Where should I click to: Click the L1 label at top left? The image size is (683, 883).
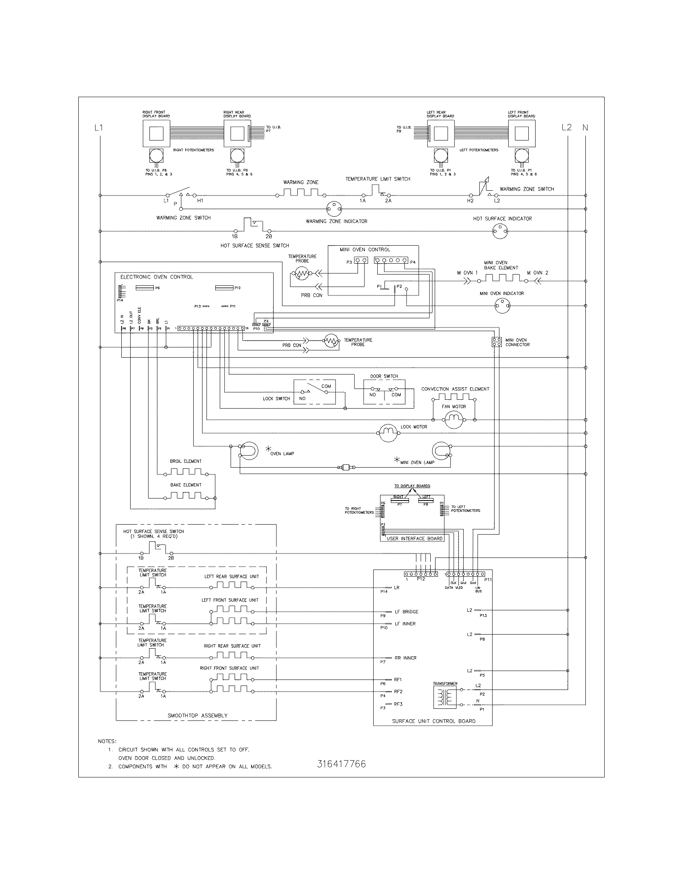point(99,128)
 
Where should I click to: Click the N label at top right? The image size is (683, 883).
point(585,128)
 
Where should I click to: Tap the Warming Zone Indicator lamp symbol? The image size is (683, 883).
point(334,209)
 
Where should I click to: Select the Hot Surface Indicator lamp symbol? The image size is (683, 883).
point(500,231)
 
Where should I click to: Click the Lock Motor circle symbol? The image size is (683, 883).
point(388,433)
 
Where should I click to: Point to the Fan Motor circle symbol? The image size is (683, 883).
point(454,419)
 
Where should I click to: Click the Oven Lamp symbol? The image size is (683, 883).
point(248,450)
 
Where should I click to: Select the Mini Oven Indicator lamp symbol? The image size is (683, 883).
point(502,306)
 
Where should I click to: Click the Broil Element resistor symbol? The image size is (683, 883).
point(186,472)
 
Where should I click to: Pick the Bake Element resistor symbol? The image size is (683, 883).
point(186,495)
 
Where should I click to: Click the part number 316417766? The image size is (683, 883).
point(341,764)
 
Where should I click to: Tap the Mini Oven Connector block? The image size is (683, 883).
point(497,342)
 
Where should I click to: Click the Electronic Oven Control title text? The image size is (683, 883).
point(157,277)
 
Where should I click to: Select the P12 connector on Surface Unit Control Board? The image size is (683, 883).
point(421,574)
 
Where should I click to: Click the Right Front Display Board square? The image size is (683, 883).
point(156,133)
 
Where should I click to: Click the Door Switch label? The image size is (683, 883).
point(384,376)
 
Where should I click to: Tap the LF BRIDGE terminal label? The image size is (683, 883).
point(406,612)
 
